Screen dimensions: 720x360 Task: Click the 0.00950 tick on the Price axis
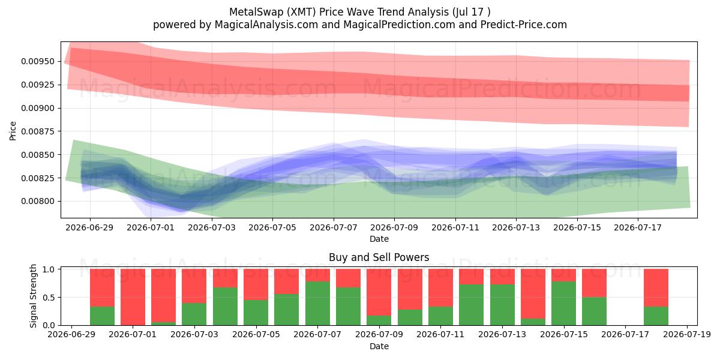click(37, 61)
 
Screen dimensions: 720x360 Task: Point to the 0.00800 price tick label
click(37, 201)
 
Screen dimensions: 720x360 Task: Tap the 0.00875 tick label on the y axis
click(37, 131)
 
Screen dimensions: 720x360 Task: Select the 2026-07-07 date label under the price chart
click(334, 227)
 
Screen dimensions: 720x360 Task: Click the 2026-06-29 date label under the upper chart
click(89, 227)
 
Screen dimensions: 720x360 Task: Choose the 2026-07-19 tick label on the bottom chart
click(687, 335)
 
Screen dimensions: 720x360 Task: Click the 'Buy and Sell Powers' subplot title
click(379, 257)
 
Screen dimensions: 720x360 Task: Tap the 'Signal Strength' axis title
click(33, 296)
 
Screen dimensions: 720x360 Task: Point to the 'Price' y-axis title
click(13, 131)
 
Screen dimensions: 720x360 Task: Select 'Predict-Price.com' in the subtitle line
click(524, 25)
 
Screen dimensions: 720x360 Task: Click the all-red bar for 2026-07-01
click(133, 297)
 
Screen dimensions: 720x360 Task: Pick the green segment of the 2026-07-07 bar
click(317, 304)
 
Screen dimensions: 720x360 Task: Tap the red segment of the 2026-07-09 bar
click(379, 292)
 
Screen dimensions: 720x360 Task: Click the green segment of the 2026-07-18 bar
click(656, 316)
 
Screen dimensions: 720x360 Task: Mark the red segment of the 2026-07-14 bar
click(533, 294)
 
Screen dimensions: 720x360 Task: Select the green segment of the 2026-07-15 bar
click(564, 304)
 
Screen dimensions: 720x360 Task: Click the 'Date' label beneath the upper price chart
click(379, 239)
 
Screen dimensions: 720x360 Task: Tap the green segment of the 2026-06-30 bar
click(102, 316)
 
